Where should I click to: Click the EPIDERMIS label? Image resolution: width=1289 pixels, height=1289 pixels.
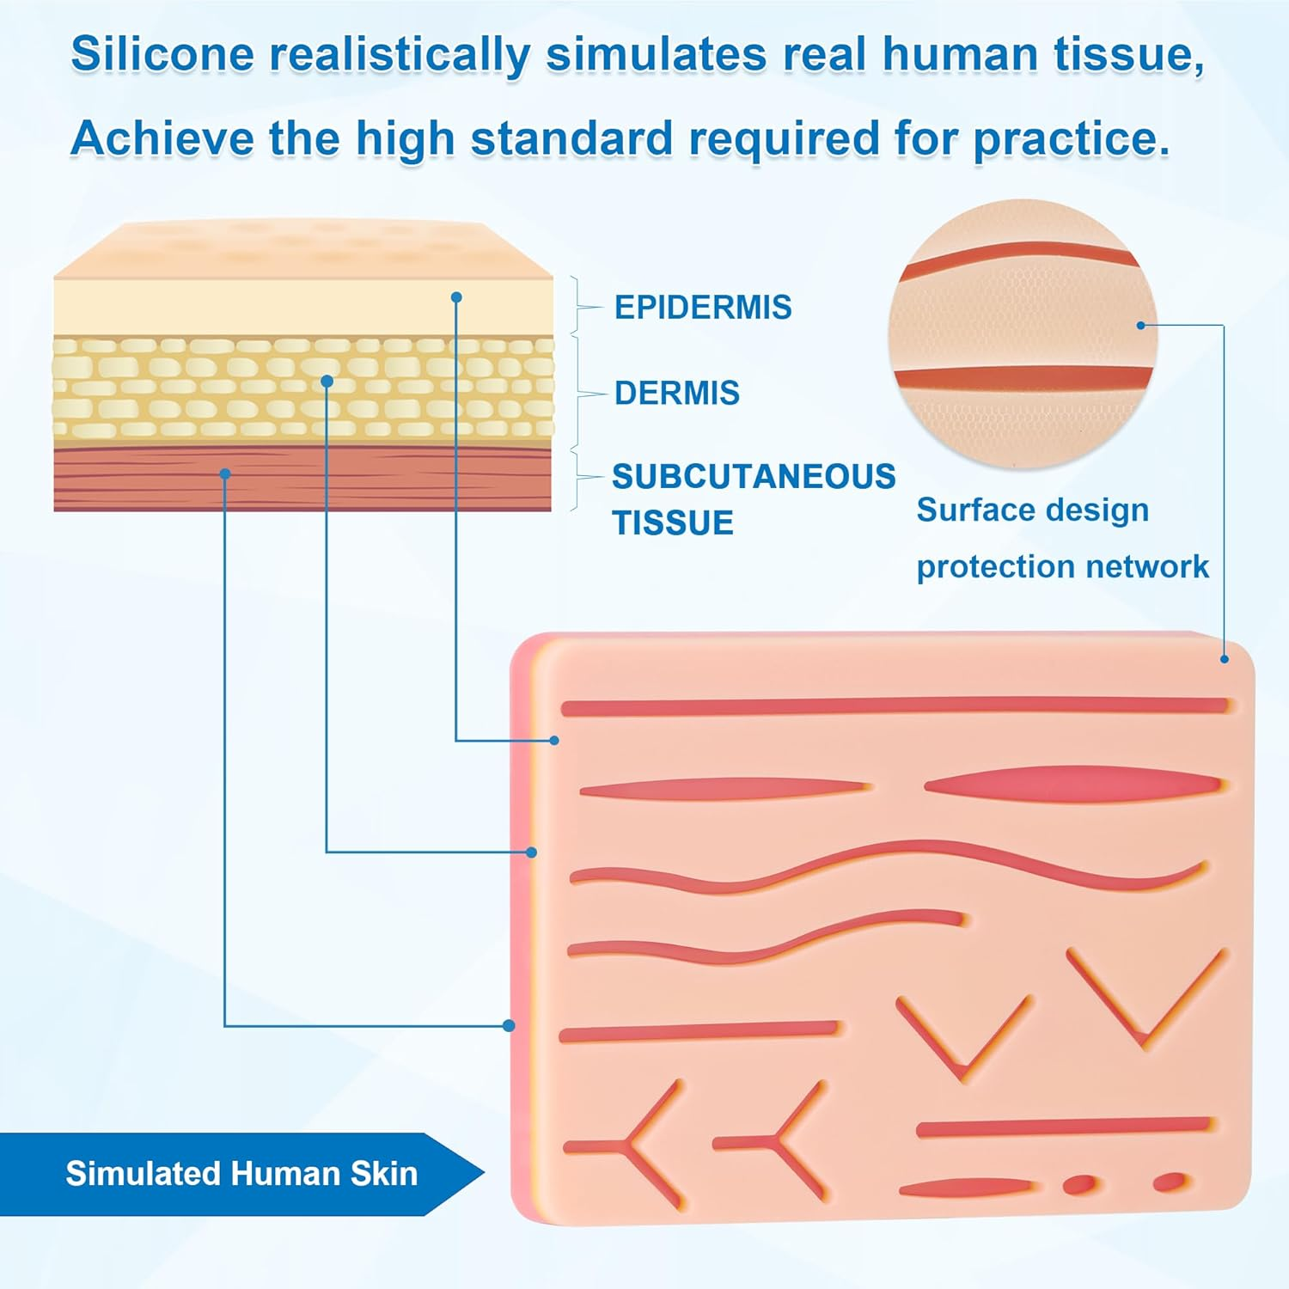tap(702, 308)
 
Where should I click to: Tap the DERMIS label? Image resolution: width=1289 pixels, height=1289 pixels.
tap(676, 394)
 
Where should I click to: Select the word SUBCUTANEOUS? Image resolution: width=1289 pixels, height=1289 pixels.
tap(753, 477)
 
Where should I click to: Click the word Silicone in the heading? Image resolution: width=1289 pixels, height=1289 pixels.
tap(162, 54)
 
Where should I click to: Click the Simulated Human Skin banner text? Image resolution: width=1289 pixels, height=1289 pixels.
tap(241, 1174)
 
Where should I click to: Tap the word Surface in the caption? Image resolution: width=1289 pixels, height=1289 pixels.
tap(967, 510)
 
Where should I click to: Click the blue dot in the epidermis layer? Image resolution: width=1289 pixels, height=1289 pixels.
tap(456, 297)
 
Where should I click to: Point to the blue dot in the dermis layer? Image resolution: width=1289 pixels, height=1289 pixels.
tap(327, 381)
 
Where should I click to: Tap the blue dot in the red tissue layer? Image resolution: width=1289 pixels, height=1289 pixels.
tap(225, 473)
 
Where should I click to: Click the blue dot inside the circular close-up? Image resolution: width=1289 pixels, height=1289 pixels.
tap(1141, 326)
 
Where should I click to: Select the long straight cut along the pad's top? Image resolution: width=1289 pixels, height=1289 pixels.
tap(894, 707)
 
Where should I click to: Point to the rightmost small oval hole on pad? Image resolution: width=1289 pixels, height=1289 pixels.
tap(1169, 1182)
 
